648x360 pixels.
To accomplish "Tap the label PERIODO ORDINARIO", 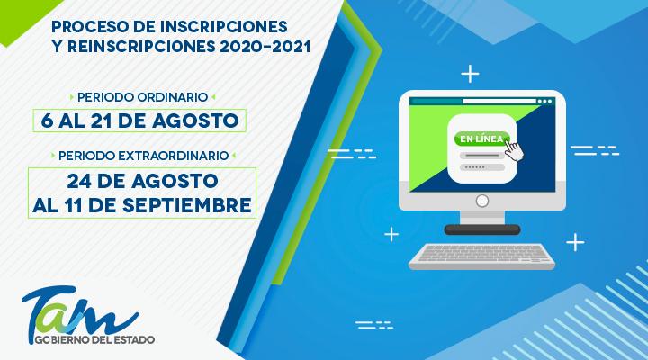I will tap(142, 94).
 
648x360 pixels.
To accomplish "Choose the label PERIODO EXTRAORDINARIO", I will tap(142, 156).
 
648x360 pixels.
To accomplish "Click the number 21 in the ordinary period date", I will tap(118, 120).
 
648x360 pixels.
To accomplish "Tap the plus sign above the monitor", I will tap(469, 71).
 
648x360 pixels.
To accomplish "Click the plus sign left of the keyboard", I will tap(391, 236).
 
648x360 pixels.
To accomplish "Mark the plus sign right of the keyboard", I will tap(574, 240).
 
